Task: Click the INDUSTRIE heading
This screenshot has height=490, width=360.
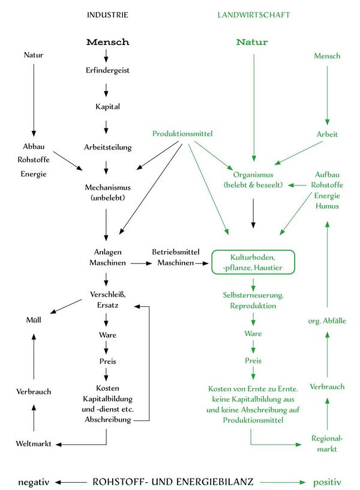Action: [x=107, y=15]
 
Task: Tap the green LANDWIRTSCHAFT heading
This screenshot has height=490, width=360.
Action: [x=254, y=15]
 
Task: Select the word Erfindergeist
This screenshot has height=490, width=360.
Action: [x=107, y=70]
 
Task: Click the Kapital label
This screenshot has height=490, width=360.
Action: [x=107, y=106]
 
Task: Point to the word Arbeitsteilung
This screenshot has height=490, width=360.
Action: [x=108, y=147]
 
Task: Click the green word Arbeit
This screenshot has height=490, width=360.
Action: [x=327, y=135]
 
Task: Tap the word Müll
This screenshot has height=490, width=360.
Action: [x=34, y=320]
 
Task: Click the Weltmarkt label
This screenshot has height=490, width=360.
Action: [x=34, y=444]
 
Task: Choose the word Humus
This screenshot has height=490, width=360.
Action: [x=327, y=206]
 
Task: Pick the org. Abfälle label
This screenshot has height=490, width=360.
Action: [x=327, y=321]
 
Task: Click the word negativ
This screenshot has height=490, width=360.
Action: [x=34, y=482]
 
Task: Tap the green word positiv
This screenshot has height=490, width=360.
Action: [x=327, y=482]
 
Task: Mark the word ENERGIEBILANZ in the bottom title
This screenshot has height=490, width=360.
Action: [x=214, y=482]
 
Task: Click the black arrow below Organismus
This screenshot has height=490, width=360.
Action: [x=253, y=213]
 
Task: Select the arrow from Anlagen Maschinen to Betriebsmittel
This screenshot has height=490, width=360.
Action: [x=141, y=264]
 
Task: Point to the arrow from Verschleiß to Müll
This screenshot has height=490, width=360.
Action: [x=66, y=306]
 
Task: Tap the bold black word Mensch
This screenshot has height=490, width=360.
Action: [x=107, y=42]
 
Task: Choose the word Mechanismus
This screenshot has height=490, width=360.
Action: [x=108, y=187]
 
